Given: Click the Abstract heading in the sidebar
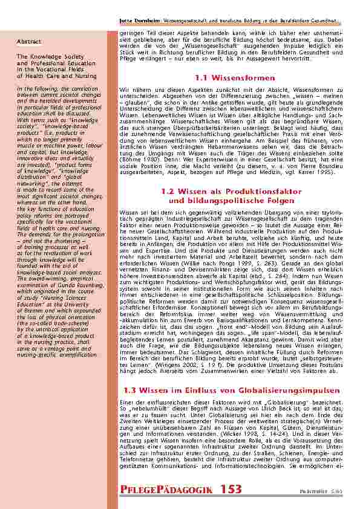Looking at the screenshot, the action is coord(29,42).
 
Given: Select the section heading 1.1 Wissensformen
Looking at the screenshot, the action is coord(236,78).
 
